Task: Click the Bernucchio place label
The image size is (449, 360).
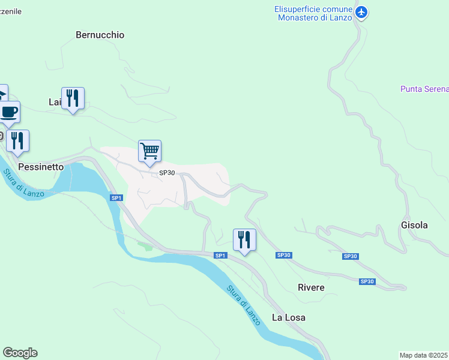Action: click(100, 35)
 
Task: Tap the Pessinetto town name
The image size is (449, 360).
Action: click(41, 167)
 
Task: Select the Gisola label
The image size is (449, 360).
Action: click(414, 225)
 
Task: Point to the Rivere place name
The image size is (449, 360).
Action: click(311, 287)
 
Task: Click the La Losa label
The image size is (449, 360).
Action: click(289, 317)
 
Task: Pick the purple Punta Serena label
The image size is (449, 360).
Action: click(424, 89)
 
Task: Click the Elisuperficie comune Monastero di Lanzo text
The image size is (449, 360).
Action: click(312, 13)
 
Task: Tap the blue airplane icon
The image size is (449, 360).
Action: click(361, 12)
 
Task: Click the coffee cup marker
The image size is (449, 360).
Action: click(8, 111)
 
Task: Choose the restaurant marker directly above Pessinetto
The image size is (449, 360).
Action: click(18, 140)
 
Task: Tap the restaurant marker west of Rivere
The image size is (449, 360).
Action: click(244, 239)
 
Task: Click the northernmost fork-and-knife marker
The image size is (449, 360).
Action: click(73, 98)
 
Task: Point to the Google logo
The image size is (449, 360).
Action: click(20, 353)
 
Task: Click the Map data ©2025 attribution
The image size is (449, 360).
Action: click(424, 355)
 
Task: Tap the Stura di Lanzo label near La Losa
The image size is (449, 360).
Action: click(244, 305)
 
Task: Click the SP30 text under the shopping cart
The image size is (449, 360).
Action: click(166, 173)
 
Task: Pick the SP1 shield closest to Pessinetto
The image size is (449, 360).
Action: click(116, 197)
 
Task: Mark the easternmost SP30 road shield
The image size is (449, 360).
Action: click(367, 281)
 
